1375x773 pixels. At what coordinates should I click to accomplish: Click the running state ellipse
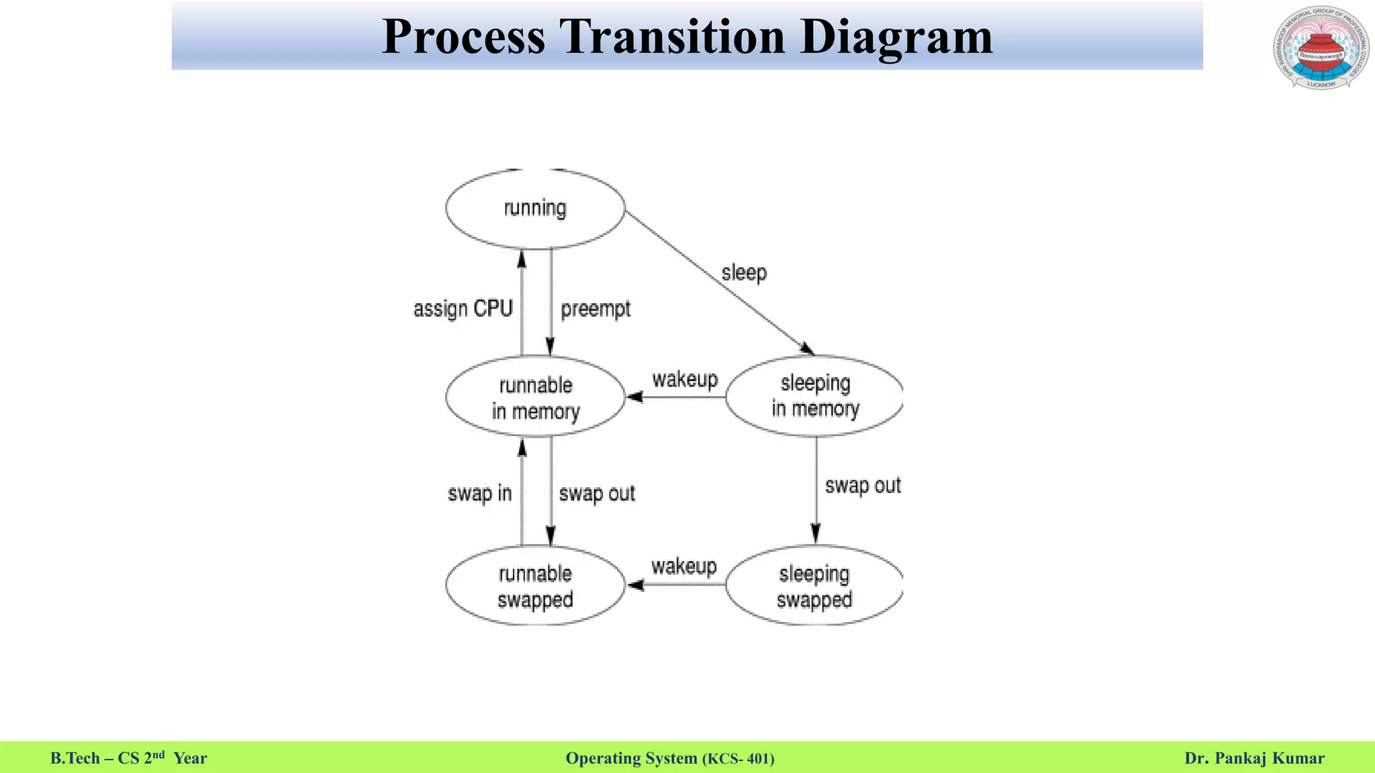(535, 209)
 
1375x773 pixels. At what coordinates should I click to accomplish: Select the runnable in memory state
(535, 397)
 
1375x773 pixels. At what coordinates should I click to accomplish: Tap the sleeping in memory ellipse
(814, 396)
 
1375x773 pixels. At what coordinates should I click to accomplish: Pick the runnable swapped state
(535, 586)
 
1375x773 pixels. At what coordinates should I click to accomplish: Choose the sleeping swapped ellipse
(814, 586)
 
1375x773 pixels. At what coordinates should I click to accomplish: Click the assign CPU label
(463, 309)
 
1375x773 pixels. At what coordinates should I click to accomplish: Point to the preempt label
(596, 309)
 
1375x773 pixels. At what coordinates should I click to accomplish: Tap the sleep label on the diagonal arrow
(744, 273)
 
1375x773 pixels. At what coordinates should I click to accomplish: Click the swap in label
(479, 494)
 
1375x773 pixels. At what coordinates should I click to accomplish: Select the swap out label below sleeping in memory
(862, 486)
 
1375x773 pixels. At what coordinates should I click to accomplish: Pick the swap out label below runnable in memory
(597, 494)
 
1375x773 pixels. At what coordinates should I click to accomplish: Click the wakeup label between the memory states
(685, 380)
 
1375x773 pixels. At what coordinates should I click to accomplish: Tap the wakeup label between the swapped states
(683, 567)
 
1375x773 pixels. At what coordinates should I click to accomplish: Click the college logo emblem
(1321, 48)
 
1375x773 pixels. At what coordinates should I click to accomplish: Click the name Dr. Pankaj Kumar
(1254, 758)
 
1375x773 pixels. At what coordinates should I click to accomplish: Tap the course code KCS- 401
(739, 759)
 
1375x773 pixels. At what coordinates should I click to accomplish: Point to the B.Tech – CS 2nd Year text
(129, 758)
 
